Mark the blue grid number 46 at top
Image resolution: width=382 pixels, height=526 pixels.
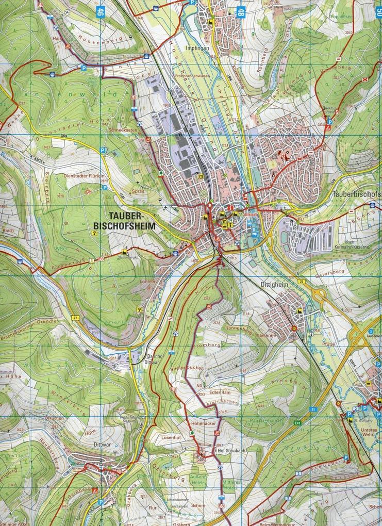coord(100,11)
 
